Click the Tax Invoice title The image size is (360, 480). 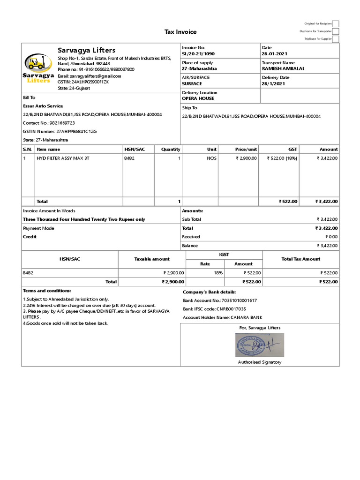[180, 32]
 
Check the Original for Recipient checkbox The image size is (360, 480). [336, 23]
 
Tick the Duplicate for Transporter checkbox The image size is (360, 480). [336, 31]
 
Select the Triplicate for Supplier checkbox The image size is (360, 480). [336, 39]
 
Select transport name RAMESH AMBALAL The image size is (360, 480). [283, 68]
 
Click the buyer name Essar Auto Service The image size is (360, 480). [43, 106]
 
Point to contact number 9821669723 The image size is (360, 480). [61, 123]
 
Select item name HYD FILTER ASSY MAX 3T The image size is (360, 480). [63, 158]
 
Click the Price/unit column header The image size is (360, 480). [246, 149]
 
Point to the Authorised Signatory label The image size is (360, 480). [259, 362]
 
